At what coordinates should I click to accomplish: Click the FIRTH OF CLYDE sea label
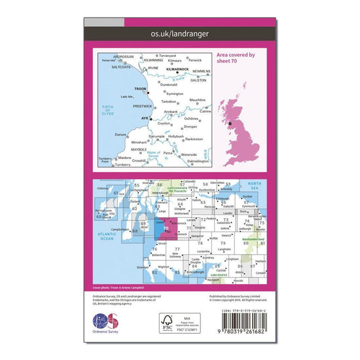tap(108, 110)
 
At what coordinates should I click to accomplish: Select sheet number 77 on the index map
tap(177, 249)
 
